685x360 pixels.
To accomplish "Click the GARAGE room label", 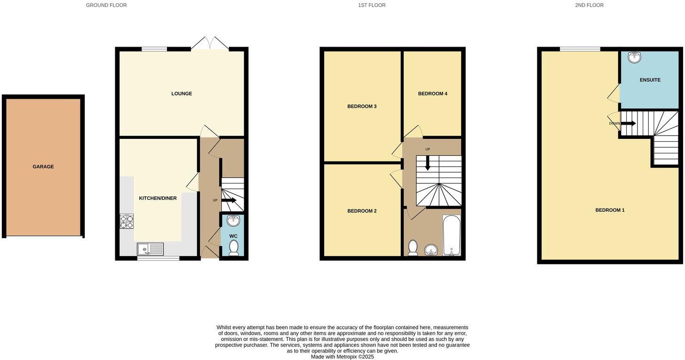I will [43, 167].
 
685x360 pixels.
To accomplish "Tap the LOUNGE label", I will [182, 94].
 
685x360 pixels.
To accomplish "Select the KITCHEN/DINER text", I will [158, 198].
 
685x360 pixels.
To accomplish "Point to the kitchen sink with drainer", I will [150, 249].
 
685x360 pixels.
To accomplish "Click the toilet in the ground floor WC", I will [233, 248].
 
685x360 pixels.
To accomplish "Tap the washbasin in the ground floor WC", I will [233, 221].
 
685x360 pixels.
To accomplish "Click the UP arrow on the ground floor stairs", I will [229, 200].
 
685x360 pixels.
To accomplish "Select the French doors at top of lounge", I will [210, 44].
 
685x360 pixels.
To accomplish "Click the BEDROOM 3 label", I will [362, 106].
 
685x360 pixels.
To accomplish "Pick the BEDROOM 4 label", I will [432, 94].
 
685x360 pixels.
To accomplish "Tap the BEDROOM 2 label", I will [362, 211].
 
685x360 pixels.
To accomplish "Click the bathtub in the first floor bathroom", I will [452, 235].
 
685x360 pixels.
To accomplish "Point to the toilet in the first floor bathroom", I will [413, 248].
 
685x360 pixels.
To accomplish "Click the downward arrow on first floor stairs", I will [428, 163].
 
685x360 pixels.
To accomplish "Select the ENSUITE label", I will [650, 80].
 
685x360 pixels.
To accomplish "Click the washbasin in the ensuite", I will [634, 58].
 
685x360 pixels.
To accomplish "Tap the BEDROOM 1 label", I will [610, 210].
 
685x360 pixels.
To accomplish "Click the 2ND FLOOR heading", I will [589, 5].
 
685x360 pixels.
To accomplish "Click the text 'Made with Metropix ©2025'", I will [342, 357].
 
